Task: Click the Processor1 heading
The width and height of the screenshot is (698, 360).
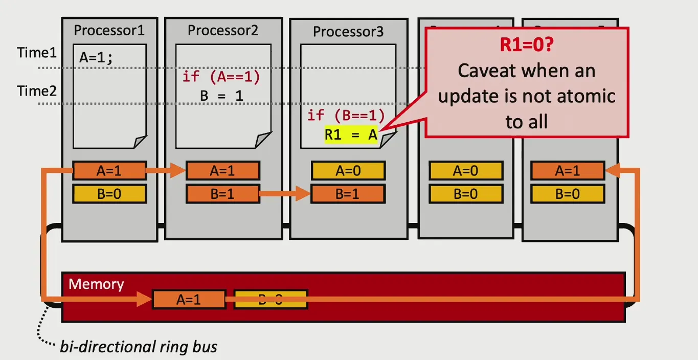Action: [109, 30]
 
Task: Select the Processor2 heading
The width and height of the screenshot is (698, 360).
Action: [222, 30]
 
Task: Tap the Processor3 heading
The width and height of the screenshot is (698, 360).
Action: [348, 32]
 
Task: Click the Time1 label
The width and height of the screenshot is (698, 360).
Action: [37, 53]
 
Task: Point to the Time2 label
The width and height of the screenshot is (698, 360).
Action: [37, 91]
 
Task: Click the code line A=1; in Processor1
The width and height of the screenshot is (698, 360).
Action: [96, 57]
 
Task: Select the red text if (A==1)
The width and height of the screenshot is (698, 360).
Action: [221, 77]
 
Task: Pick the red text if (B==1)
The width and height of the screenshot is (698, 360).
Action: [346, 115]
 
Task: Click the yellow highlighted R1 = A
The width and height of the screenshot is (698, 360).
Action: [351, 136]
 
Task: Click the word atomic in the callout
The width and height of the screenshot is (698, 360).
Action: [588, 96]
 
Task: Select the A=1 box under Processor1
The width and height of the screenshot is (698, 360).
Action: [109, 171]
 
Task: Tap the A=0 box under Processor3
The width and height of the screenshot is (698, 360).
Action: [348, 171]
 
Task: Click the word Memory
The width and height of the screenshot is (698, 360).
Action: [96, 284]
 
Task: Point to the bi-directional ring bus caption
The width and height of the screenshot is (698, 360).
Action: [139, 347]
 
